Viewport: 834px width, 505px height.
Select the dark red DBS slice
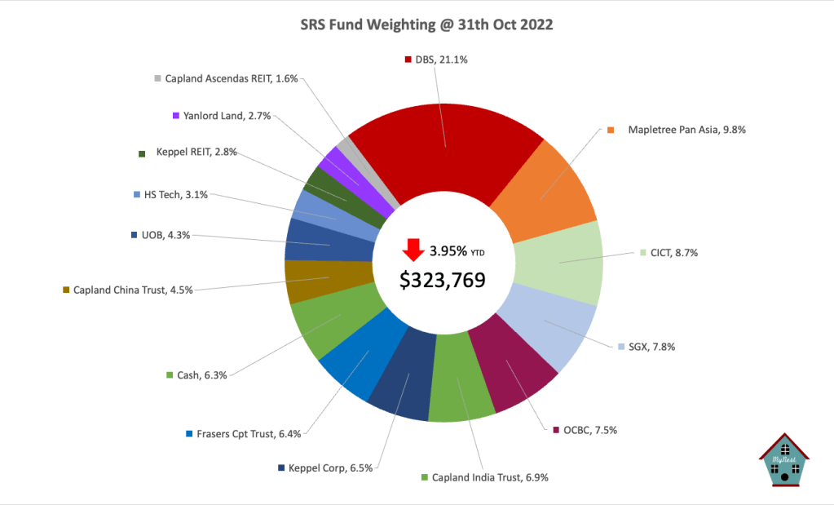444,147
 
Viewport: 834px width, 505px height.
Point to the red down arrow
413,248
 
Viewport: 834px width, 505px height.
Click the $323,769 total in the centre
443,279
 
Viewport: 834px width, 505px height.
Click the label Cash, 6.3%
196,375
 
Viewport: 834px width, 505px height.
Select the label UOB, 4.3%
161,235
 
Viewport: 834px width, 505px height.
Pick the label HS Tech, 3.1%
170,194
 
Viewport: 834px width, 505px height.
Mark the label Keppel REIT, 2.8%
189,152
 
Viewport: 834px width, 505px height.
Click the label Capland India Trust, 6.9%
484,477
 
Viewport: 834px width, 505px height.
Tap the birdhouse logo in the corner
783,462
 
